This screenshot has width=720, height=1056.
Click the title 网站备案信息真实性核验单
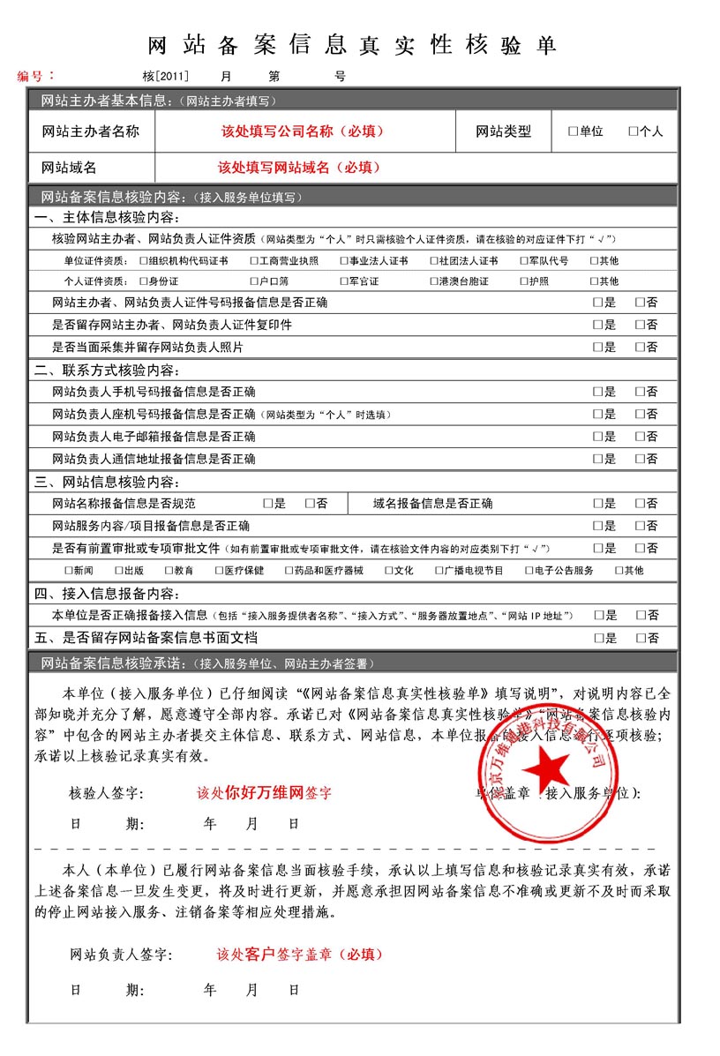coord(350,46)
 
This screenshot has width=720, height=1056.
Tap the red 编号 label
coord(36,76)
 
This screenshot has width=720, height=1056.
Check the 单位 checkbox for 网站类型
coord(573,131)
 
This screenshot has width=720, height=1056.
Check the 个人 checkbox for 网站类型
coord(633,131)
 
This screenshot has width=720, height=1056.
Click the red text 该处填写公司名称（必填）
coord(303,131)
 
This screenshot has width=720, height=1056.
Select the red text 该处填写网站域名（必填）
coord(300,167)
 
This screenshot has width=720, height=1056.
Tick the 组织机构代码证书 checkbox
coord(144,261)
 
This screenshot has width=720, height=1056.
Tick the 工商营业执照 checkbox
coord(254,261)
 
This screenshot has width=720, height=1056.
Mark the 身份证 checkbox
coord(144,281)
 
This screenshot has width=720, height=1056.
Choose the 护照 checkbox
coord(523,281)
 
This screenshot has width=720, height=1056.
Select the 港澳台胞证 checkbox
coord(433,281)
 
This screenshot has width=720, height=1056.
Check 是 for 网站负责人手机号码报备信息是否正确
coord(597,392)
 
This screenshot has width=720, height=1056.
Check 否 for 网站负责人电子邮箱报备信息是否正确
coord(640,437)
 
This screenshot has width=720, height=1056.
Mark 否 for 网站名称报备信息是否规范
coord(310,504)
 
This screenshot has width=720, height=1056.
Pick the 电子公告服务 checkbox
coord(529,571)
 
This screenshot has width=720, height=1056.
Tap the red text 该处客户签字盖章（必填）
coord(300,955)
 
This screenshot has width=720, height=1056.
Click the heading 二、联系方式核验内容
coord(107,370)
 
